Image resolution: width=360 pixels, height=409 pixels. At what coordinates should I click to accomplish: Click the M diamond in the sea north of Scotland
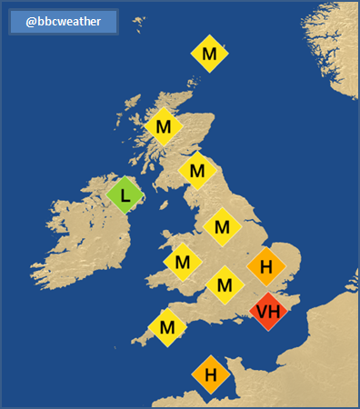pos(209,55)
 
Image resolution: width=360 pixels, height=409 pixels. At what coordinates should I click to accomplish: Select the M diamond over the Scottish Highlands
pos(164,126)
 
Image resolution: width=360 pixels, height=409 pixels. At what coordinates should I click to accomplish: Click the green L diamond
pos(125,194)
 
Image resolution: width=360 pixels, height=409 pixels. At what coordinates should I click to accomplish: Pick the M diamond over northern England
pos(222,226)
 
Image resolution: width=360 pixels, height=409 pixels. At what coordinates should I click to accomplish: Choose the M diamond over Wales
pos(182,263)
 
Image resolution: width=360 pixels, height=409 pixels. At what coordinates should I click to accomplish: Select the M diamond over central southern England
pos(225,285)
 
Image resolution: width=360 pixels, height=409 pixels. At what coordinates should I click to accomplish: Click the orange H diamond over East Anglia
pos(266,266)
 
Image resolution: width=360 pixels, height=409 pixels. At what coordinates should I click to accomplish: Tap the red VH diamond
pos(268,313)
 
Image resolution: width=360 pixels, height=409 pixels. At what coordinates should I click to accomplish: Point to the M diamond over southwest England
pos(167,327)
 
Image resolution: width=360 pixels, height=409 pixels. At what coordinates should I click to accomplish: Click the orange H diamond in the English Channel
pos(210,374)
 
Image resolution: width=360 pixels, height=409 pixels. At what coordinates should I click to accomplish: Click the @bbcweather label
pos(63,22)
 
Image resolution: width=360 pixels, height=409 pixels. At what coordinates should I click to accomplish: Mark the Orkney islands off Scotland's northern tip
pos(196,85)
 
